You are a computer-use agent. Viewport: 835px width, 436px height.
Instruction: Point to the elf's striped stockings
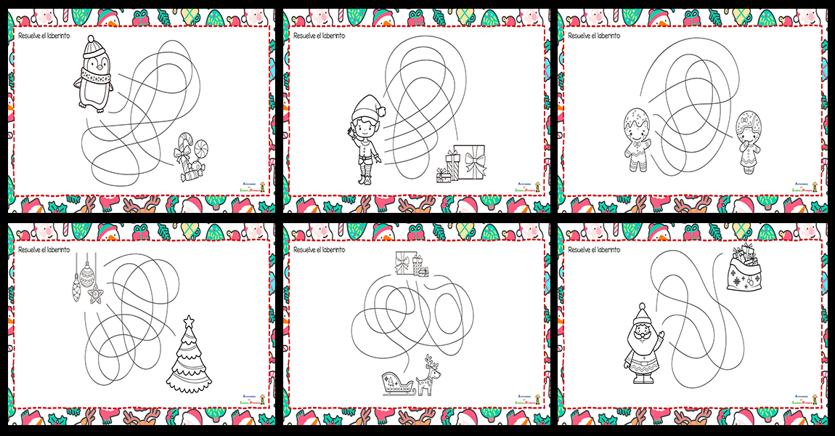click(x=365, y=174)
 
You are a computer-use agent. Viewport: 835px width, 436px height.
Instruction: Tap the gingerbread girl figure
click(x=747, y=141)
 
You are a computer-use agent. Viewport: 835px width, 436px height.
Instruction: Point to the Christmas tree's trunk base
click(x=190, y=389)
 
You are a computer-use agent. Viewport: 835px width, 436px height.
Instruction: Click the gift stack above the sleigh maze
click(x=411, y=264)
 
